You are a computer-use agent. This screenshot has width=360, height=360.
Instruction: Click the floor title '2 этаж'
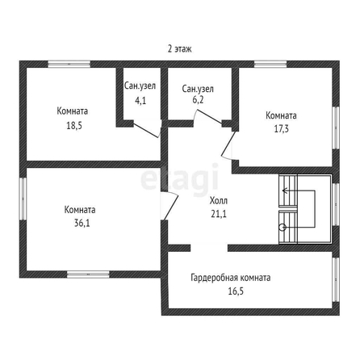click(x=179, y=49)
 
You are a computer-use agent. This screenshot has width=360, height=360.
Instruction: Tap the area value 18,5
click(x=74, y=126)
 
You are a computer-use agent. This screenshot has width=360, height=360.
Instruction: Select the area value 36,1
click(x=82, y=223)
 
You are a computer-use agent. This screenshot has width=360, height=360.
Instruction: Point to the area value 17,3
click(x=281, y=128)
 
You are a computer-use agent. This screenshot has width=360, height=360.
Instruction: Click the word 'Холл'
click(x=219, y=201)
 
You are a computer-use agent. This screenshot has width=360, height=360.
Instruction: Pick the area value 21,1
click(x=219, y=214)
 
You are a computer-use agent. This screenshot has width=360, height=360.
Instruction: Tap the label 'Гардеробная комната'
click(x=231, y=278)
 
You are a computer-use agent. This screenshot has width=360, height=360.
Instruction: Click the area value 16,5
click(x=236, y=291)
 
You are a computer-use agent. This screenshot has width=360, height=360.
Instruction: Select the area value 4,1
click(x=140, y=101)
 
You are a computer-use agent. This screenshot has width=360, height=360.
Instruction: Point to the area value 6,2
click(x=199, y=100)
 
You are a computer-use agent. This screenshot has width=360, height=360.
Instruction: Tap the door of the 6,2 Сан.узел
click(x=208, y=117)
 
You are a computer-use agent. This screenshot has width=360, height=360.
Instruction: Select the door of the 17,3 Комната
click(x=228, y=145)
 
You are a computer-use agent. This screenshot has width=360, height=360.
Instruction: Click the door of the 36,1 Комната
click(x=170, y=206)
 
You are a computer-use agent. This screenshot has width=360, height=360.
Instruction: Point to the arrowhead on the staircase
click(x=284, y=190)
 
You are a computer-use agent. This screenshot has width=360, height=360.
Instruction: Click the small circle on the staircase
click(x=283, y=228)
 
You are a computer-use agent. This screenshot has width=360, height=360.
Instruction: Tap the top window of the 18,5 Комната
click(x=69, y=64)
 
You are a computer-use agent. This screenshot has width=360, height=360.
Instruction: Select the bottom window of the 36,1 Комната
click(x=88, y=274)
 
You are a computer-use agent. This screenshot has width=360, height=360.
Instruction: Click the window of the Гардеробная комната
click(x=336, y=280)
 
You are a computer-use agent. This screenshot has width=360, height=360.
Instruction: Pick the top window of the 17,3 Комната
click(x=270, y=64)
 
